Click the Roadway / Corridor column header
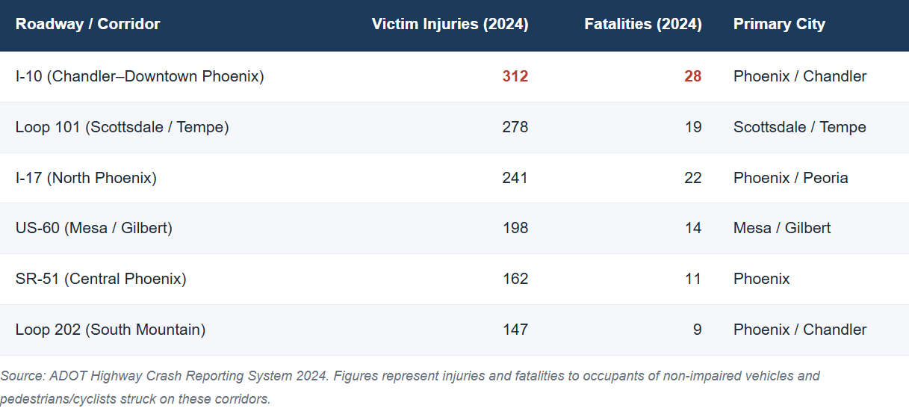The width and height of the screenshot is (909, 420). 87,24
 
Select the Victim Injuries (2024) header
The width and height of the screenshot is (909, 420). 450,24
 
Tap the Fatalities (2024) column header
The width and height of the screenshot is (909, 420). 643,24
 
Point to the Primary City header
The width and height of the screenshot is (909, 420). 779,24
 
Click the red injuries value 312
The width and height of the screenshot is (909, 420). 515,76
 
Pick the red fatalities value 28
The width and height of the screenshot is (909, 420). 692,76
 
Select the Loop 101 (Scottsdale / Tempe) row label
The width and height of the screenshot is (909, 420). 122,127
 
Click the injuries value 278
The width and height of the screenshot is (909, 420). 515,127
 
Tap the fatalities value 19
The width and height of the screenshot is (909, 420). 693,127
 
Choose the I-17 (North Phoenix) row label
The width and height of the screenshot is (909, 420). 86,178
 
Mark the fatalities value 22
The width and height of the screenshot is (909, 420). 692,178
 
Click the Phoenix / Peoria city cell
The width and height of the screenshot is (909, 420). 790,178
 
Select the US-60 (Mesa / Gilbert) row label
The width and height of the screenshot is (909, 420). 94,228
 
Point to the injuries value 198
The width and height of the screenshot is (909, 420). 515,228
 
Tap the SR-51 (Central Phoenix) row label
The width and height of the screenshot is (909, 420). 101,279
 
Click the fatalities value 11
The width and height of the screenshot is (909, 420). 693,279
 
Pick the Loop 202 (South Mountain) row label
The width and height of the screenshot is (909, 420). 111,330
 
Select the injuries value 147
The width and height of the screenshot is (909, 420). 515,330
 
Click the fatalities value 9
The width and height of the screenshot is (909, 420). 697,330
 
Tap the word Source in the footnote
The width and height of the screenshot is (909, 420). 22,376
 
